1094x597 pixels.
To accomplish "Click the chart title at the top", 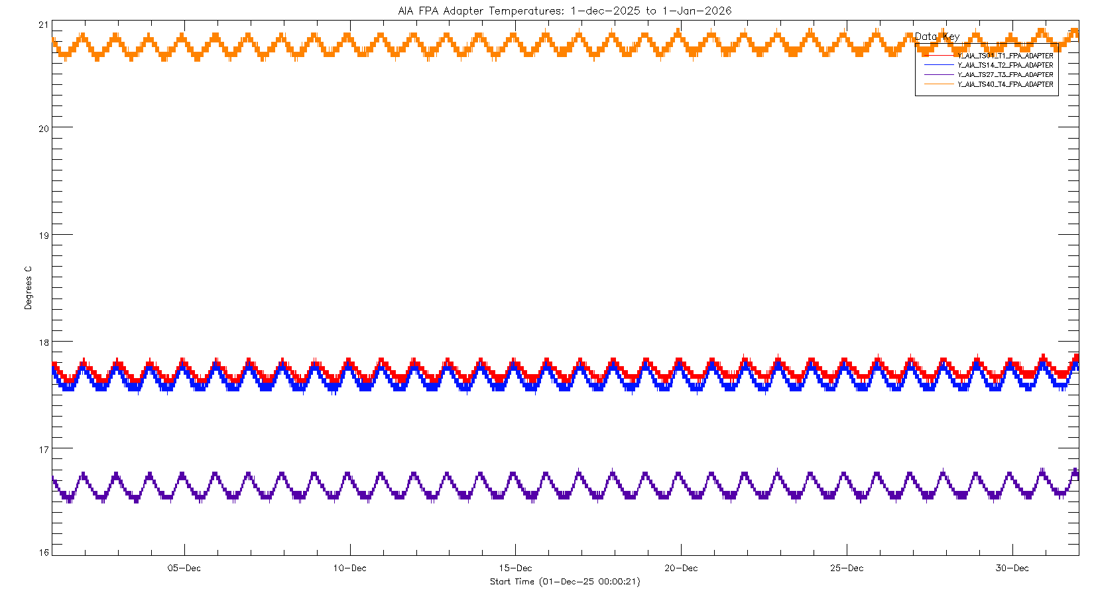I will point(565,11).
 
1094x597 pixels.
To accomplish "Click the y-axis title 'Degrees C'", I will point(28,288).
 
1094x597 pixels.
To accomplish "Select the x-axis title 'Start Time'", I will point(565,582).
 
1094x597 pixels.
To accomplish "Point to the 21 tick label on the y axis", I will point(44,25).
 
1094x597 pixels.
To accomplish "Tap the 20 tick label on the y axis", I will point(44,129).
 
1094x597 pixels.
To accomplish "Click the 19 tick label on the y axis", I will point(44,235).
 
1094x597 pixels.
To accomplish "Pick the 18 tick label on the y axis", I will point(44,343).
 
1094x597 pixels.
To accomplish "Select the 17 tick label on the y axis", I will point(44,450).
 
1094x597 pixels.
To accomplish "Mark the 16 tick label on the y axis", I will point(44,553).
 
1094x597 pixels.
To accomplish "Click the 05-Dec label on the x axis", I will point(184,568).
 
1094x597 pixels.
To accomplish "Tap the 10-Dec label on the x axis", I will point(350,568).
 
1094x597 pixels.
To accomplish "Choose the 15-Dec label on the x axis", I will point(516,568).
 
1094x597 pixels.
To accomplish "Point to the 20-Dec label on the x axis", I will point(681,568).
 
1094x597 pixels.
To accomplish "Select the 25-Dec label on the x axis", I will point(847,568).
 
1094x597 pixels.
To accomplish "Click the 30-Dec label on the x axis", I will point(1012,568).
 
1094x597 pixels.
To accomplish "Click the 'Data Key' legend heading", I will point(937,36).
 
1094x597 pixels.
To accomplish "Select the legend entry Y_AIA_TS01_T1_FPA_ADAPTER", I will point(1005,56).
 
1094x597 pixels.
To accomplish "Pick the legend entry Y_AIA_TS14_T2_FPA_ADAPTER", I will point(1005,65).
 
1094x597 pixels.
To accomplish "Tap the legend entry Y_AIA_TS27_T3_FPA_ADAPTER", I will point(1005,75).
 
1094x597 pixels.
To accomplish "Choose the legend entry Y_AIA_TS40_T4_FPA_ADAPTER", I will point(1005,84).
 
